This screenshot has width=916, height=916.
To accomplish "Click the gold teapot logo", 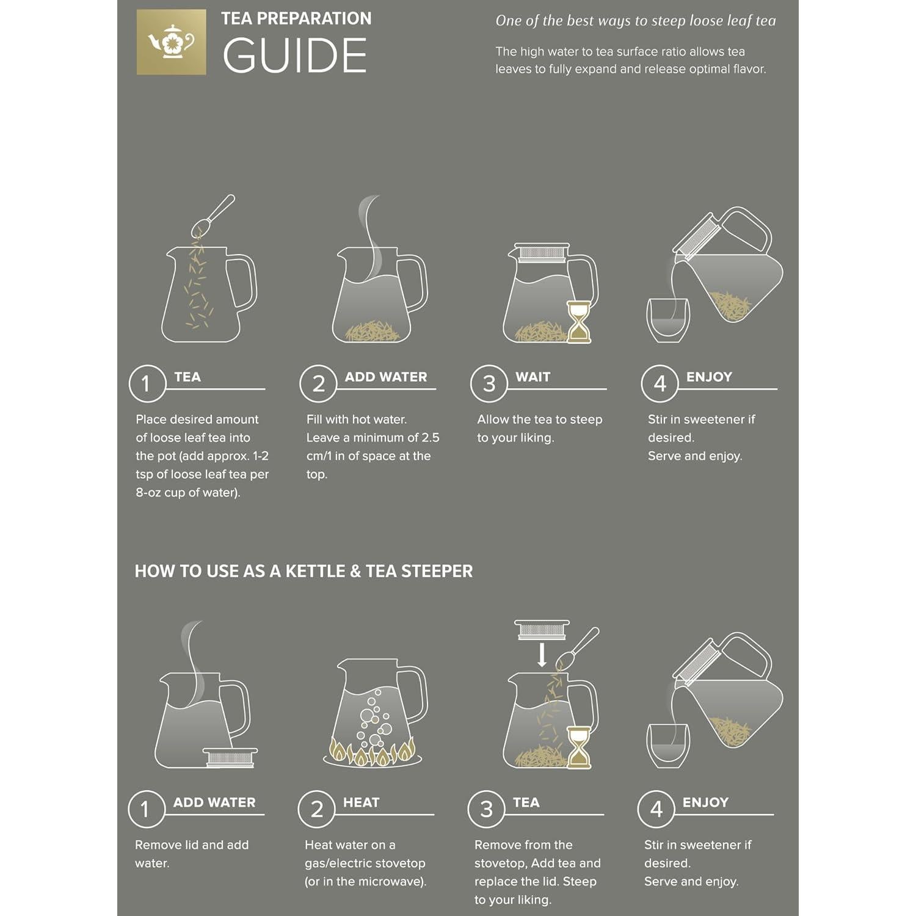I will (x=171, y=42).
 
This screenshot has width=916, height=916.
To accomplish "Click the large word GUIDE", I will (x=294, y=56).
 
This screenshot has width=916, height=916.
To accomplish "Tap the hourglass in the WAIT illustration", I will (x=578, y=321).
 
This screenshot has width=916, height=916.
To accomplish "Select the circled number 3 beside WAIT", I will (x=489, y=383).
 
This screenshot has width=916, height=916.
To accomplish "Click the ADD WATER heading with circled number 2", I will (x=385, y=377).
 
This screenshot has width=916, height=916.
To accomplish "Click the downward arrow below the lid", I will (x=541, y=655).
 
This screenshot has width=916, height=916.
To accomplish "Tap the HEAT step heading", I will (x=361, y=802).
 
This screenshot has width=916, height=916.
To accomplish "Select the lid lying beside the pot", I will (x=230, y=757).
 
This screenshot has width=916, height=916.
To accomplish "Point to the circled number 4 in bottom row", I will (x=656, y=809).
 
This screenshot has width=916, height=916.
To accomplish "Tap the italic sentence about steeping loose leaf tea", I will (x=635, y=21).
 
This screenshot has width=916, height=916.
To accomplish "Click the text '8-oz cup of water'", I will (x=187, y=492).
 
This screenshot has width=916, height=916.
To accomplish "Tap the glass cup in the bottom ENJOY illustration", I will (x=667, y=746).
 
